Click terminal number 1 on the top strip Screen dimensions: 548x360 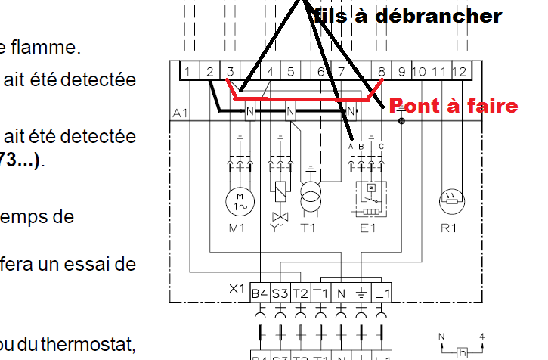tap(185, 71)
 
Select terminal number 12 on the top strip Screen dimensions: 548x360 tap(459, 71)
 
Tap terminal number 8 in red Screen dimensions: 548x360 tap(382, 71)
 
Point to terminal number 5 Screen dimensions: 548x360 tap(290, 71)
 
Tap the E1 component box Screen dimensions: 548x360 tap(370, 193)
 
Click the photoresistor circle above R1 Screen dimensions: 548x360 tap(454, 200)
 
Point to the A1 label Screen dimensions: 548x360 tap(181, 113)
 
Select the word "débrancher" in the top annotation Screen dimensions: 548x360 tap(451, 15)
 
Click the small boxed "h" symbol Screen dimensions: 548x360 tap(462, 352)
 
